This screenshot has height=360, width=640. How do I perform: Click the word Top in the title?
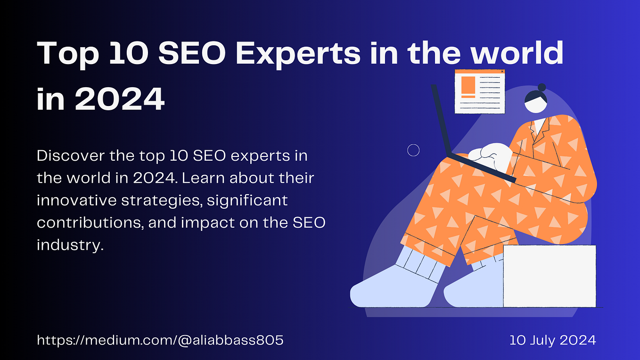coord(67,54)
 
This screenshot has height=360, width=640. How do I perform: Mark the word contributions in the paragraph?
coord(89,223)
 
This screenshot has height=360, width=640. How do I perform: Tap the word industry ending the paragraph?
coord(69,245)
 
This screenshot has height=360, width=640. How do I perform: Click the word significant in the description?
coord(247,201)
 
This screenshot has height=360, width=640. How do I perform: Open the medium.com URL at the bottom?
coord(160,340)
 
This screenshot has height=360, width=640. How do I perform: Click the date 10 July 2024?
coord(552,340)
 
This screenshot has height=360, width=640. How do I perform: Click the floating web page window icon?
coord(479,91)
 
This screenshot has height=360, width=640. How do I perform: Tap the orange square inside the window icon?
coord(468,85)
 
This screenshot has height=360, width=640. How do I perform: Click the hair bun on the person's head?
coord(542,87)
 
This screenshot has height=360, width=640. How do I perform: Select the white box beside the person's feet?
coord(549,276)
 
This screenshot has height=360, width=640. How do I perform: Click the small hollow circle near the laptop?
coord(413,150)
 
